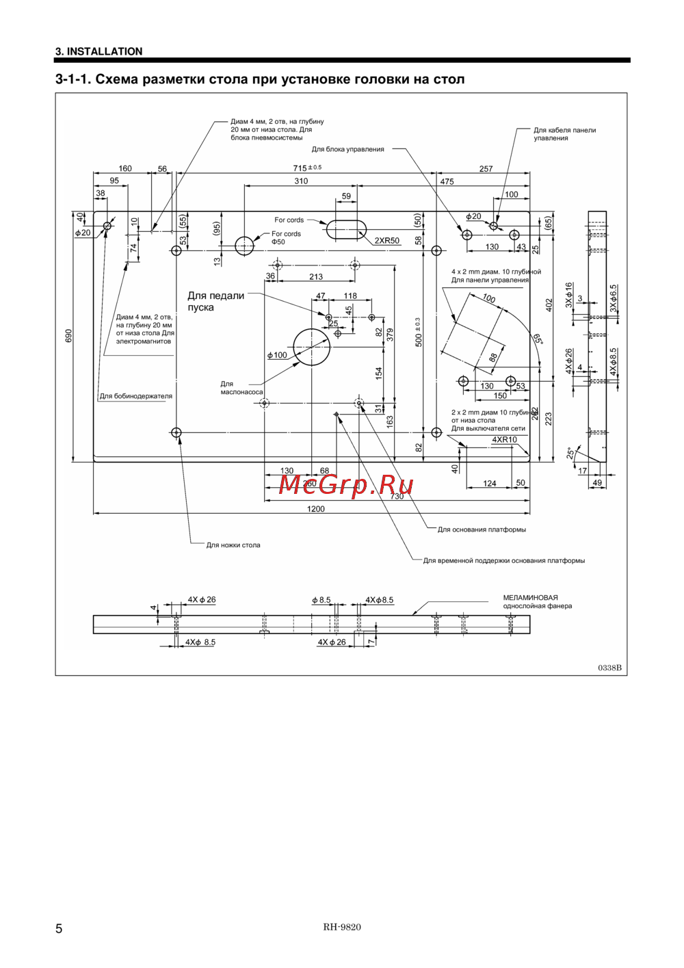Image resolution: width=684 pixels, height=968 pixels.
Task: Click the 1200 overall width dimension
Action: coord(315,509)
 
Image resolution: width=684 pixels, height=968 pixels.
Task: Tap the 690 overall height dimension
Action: coord(68,335)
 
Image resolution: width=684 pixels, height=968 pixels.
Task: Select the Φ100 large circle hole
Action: coord(311,347)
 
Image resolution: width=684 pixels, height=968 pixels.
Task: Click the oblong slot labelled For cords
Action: coord(346,229)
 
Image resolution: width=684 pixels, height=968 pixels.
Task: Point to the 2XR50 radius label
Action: coord(386,241)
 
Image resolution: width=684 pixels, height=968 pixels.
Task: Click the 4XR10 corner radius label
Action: coord(504,440)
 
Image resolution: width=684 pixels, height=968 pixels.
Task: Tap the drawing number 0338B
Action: coord(609,668)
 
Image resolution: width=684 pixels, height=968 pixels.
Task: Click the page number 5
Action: coord(59,928)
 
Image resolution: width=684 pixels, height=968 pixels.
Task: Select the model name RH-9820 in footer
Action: coord(342,927)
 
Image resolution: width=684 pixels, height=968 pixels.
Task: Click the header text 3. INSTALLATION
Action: coord(99,51)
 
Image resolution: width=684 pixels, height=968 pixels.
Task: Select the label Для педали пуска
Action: coord(215,302)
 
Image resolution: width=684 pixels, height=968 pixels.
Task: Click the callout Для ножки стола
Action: coord(233,545)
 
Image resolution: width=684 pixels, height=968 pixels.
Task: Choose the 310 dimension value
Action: coord(301,181)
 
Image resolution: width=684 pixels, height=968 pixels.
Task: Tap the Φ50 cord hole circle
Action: coord(244,246)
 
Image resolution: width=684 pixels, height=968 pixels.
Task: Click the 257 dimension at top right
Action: coord(486,169)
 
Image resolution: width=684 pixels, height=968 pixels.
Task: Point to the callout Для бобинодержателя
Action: coord(136,396)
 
